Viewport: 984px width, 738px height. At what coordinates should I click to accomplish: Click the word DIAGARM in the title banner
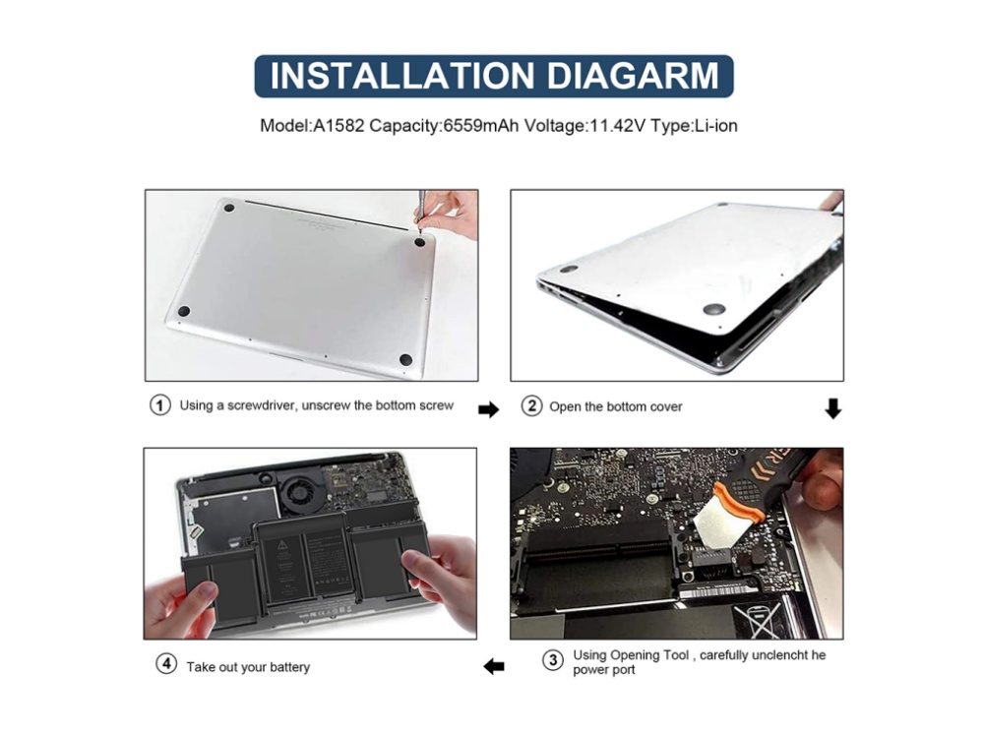[x=633, y=76]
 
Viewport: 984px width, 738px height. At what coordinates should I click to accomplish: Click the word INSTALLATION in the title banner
[x=402, y=76]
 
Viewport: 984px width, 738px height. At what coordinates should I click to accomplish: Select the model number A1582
[x=338, y=126]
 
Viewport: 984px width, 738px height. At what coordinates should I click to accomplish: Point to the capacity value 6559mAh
[x=481, y=126]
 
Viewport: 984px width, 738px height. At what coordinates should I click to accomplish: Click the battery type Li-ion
[x=716, y=126]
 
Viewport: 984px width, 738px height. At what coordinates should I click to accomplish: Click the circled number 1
[x=160, y=404]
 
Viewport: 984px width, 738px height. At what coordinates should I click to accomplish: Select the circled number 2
[x=531, y=406]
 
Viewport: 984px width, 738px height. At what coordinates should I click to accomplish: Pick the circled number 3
[x=553, y=660]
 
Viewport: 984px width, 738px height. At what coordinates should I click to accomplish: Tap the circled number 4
[x=166, y=663]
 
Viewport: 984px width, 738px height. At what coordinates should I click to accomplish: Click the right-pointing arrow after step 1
[x=488, y=409]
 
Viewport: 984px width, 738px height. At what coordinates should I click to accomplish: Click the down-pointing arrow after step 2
[x=832, y=408]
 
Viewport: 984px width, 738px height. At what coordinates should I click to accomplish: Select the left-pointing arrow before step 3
[x=494, y=666]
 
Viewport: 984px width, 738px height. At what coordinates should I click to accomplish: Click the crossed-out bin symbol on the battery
[x=759, y=619]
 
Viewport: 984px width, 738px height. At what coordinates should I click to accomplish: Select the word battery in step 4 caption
[x=289, y=667]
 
